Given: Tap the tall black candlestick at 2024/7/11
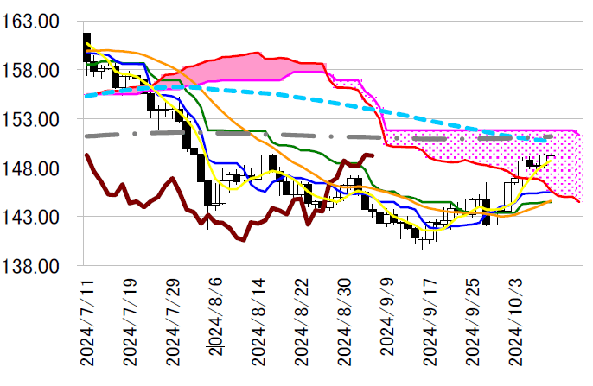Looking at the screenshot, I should click(86, 47).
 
